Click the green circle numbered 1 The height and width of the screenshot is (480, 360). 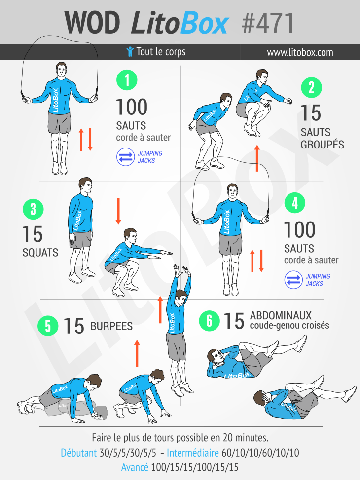coord(127,80)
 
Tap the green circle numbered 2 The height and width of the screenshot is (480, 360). coord(311,87)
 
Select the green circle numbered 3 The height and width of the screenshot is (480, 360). coord(33,209)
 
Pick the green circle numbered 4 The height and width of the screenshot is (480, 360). coord(295,203)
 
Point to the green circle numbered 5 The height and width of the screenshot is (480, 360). coord(48,326)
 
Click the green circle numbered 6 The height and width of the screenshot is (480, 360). coord(210,321)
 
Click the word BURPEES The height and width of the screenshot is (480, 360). coord(111,326)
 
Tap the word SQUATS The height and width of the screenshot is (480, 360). coord(40,253)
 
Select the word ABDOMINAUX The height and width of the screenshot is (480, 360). coord(281,315)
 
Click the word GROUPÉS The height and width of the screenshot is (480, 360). coord(323,144)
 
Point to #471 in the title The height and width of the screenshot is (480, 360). coord(268,23)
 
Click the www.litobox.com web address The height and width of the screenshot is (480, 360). coord(300,52)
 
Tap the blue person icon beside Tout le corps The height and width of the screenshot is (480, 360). coord(130,52)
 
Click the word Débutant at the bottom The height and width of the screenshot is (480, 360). coord(79,453)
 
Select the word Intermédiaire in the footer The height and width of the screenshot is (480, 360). coord(192,453)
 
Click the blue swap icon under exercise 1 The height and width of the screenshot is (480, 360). coord(126,157)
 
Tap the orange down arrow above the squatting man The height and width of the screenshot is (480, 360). coord(118,211)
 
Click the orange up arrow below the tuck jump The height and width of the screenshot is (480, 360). coord(257,158)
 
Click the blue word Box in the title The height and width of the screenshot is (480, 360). coord(204,23)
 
